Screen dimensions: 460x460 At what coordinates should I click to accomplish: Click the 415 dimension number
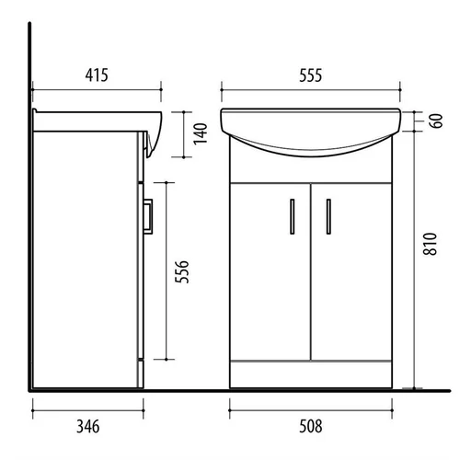click(x=97, y=75)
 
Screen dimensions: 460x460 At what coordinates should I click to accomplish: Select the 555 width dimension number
click(x=311, y=75)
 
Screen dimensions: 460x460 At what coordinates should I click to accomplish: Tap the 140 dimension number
click(x=201, y=133)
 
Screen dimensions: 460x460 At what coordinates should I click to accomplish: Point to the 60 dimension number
click(x=436, y=121)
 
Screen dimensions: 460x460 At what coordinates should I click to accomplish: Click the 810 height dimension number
click(x=430, y=244)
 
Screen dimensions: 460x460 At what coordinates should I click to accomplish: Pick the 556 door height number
click(x=181, y=271)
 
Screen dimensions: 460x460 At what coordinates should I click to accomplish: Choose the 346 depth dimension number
click(x=88, y=427)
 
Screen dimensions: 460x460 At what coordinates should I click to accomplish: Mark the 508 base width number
click(x=311, y=427)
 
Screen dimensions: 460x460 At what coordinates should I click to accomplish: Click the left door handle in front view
click(x=293, y=217)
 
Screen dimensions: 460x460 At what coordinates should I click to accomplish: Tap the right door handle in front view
click(x=328, y=217)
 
